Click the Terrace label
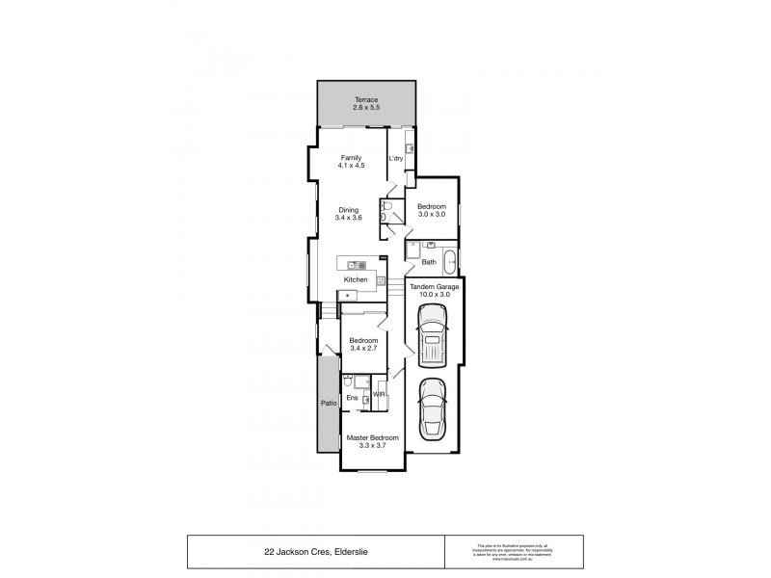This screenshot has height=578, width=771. (365, 99)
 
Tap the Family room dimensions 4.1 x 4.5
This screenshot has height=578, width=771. (352, 166)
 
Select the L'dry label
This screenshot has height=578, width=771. (395, 158)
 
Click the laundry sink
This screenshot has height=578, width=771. (410, 148)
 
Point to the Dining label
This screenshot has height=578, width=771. (348, 209)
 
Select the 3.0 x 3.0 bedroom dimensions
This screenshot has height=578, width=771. (431, 215)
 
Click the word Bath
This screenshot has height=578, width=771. (429, 261)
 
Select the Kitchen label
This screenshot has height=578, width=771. (356, 279)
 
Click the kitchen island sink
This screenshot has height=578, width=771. (353, 265)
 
